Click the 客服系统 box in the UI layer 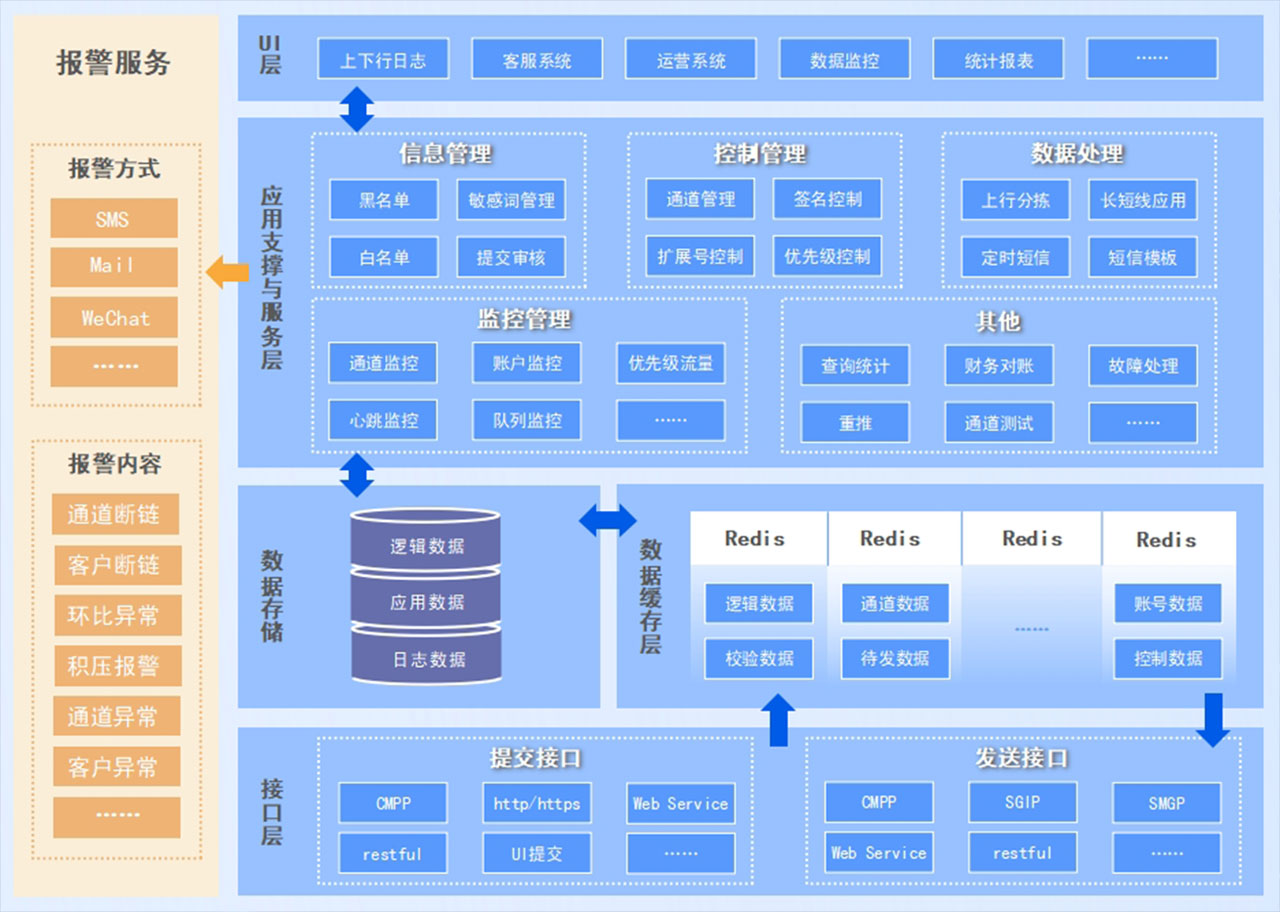click(x=537, y=59)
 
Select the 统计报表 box click(x=998, y=59)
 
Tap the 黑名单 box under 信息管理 click(x=384, y=200)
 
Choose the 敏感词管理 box click(x=511, y=200)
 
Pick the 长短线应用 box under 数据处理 click(x=1143, y=200)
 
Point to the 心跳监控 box click(x=384, y=421)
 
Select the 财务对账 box click(x=998, y=366)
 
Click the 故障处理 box click(x=1143, y=366)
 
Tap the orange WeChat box click(x=114, y=318)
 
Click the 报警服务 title click(x=113, y=62)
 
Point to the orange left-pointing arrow click(x=228, y=272)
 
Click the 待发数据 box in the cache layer click(x=894, y=659)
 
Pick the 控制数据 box click(x=1167, y=659)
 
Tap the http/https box click(x=537, y=803)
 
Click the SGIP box click(x=1022, y=802)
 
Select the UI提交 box click(x=537, y=854)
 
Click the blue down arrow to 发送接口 click(x=1213, y=720)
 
